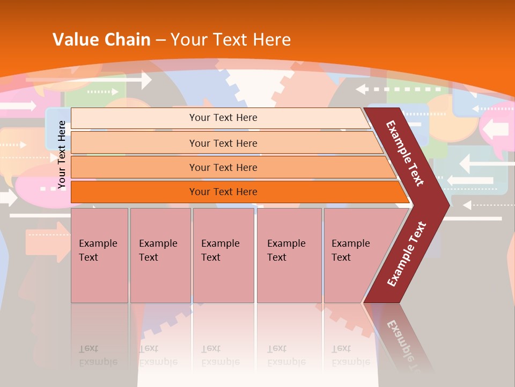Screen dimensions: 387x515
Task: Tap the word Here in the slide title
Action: click(271, 40)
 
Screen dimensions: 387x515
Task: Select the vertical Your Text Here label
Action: click(62, 155)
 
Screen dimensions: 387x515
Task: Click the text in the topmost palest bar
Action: click(223, 118)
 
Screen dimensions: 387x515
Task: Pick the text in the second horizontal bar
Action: click(223, 144)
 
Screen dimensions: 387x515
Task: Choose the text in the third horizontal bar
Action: click(223, 168)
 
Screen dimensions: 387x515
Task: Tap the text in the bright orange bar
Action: click(223, 192)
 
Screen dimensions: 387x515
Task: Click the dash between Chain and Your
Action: click(160, 40)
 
